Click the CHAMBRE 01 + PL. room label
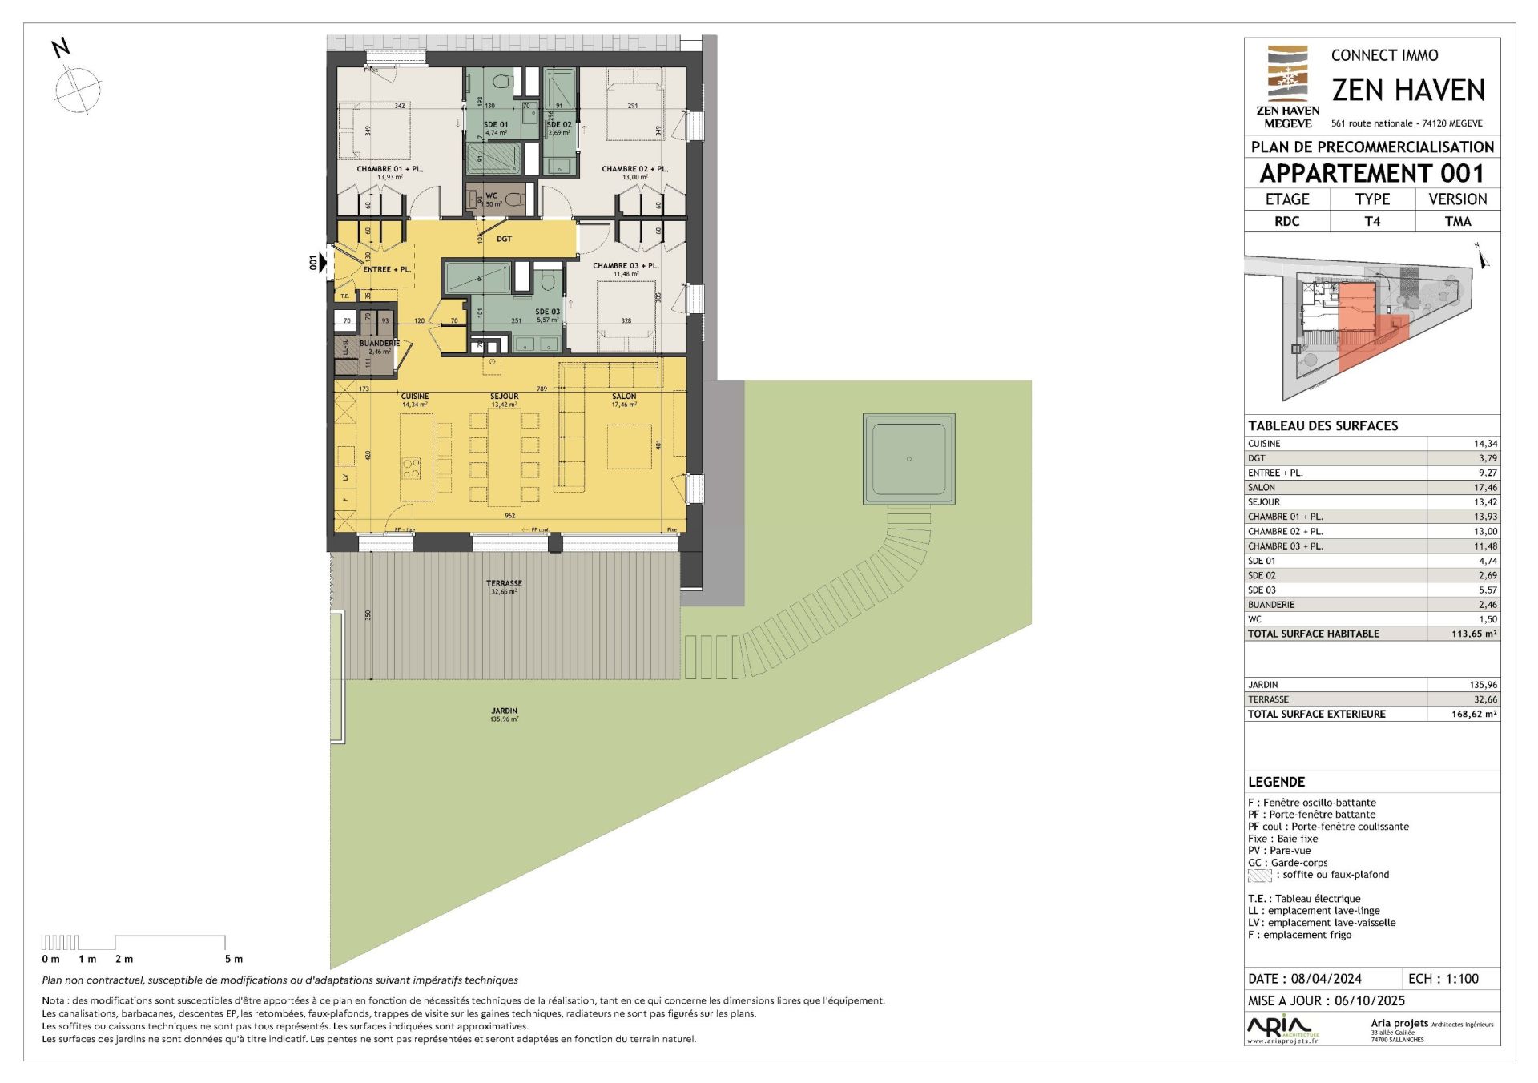tap(389, 169)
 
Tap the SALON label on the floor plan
tap(624, 397)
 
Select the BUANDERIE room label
tap(379, 344)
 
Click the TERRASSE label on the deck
tap(504, 584)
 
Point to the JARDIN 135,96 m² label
tap(505, 715)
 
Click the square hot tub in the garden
tap(908, 459)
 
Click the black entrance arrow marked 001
tap(323, 262)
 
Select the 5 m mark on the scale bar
tap(232, 959)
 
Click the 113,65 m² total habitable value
tap(1473, 634)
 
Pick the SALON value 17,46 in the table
tap(1484, 487)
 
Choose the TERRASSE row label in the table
tap(1268, 699)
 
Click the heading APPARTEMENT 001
tap(1371, 173)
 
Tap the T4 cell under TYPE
tap(1372, 221)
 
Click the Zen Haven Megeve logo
tap(1287, 87)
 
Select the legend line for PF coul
tap(1327, 827)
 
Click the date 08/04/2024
tap(1326, 979)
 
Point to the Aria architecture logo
tap(1280, 1027)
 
